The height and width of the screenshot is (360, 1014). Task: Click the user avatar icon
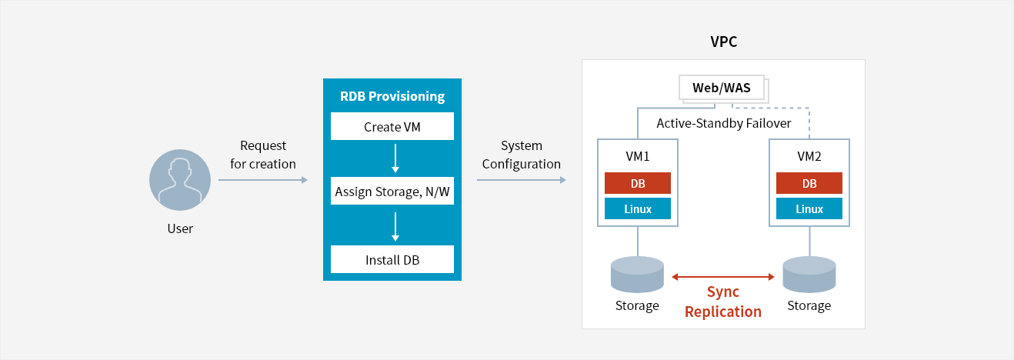pos(180,180)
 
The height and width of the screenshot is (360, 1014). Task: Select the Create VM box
pos(392,126)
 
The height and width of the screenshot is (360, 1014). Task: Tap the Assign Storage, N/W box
pos(392,191)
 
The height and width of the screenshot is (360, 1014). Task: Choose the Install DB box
pos(392,259)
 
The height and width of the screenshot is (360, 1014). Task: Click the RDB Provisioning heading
pos(392,96)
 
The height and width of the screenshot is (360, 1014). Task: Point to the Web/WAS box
pos(722,88)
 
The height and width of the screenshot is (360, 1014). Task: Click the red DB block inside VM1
pos(637,183)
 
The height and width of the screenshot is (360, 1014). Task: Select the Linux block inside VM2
pos(809,208)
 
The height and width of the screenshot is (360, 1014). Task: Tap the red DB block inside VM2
pos(809,183)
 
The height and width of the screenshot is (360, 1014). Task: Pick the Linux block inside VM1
pos(637,208)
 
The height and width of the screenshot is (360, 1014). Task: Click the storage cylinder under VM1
pos(637,275)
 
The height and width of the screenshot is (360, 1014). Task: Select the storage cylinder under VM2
pos(809,275)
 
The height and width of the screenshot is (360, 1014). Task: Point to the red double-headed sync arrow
pos(723,277)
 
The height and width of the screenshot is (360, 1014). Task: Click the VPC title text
pos(723,42)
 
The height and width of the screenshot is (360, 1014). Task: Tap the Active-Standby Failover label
pos(723,123)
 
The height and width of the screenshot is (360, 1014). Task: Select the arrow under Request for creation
pos(262,180)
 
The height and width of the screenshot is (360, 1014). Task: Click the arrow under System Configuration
pos(521,180)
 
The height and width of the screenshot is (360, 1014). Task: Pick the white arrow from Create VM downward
pos(395,158)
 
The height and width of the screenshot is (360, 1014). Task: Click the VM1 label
pos(637,156)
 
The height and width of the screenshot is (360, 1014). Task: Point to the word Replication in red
pos(723,312)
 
